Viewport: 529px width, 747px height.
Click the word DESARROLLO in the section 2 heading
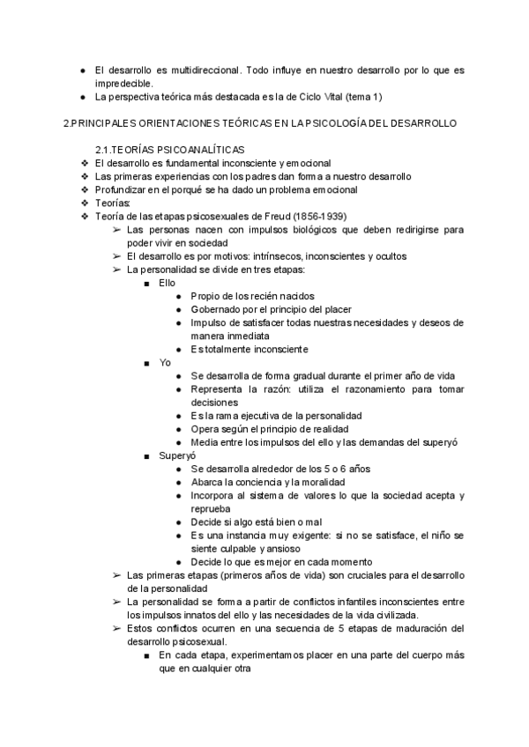click(420, 123)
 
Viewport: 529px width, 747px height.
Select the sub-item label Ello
click(168, 283)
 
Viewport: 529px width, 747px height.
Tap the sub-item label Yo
click(165, 362)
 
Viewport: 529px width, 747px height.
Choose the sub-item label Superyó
click(177, 455)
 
